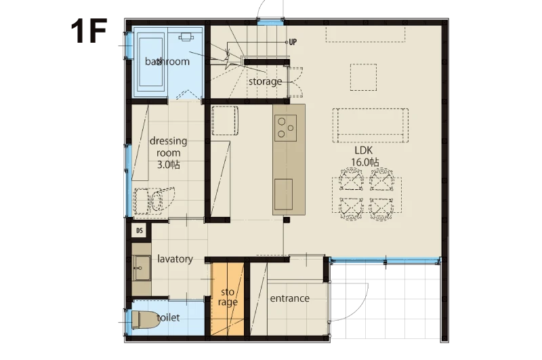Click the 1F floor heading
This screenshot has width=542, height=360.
(x=89, y=31)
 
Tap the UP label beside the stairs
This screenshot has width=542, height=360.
(x=293, y=42)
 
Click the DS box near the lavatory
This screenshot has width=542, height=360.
(x=140, y=231)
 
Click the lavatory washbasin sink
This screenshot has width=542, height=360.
(x=142, y=268)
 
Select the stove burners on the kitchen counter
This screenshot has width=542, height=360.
(x=285, y=128)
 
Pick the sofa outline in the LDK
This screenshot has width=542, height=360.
(x=371, y=125)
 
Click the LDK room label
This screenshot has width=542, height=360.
(x=364, y=151)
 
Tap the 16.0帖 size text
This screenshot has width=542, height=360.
(x=365, y=162)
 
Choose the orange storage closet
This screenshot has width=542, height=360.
(x=228, y=299)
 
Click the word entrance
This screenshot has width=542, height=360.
(x=290, y=298)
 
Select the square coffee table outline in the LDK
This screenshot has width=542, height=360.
(x=363, y=77)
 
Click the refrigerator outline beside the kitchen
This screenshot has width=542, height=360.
(x=225, y=121)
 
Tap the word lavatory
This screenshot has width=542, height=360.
(x=175, y=259)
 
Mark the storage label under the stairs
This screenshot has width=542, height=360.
(x=265, y=81)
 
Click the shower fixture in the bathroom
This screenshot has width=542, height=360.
(x=186, y=37)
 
